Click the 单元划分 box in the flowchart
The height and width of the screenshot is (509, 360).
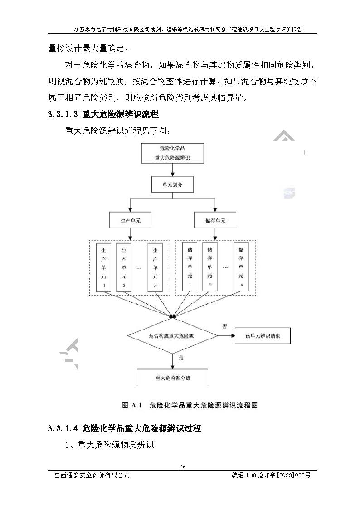tap(172, 184)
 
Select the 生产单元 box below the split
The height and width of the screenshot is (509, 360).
tap(130, 221)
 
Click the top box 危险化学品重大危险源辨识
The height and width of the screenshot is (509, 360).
tap(172, 153)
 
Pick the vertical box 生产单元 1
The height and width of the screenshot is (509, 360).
tap(104, 267)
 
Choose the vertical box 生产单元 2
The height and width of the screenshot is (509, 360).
tap(124, 267)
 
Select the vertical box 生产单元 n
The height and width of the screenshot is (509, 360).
tap(156, 267)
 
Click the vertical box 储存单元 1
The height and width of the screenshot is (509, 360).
tap(190, 267)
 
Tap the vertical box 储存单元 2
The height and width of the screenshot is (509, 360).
tap(210, 267)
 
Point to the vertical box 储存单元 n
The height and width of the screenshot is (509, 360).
tap(241, 267)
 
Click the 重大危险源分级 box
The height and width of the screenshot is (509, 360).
tap(172, 377)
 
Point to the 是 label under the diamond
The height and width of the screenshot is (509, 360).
tap(181, 358)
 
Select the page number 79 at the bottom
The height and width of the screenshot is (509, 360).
tap(183, 466)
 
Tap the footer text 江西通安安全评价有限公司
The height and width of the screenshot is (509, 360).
tap(92, 475)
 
